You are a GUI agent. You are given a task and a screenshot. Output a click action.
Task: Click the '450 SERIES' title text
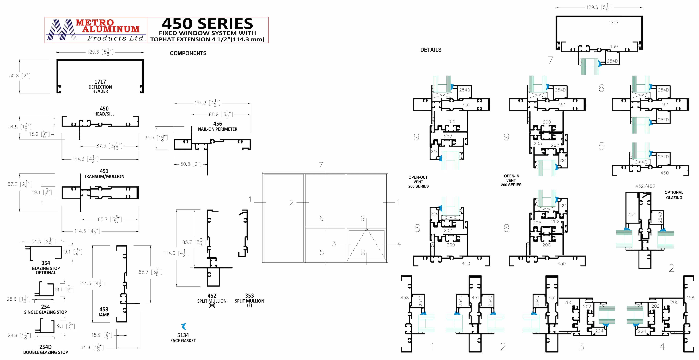(x=208, y=24)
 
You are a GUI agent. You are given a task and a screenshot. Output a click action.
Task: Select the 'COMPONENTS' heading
(x=188, y=53)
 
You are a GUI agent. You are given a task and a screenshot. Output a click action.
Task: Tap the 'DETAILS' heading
(x=431, y=50)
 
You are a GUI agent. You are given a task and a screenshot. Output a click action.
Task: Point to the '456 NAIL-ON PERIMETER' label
(x=218, y=126)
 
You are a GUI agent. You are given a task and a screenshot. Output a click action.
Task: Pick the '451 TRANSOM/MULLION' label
(x=104, y=174)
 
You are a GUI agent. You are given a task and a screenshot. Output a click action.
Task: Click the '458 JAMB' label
(x=104, y=312)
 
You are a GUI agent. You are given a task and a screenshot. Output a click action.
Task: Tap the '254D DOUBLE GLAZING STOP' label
(x=46, y=349)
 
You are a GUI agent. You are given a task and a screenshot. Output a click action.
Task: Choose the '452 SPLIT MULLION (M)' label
(x=212, y=300)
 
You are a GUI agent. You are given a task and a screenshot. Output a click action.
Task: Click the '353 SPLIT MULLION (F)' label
(x=249, y=300)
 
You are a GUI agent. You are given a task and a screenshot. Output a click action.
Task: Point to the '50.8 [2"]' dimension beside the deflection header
(x=20, y=76)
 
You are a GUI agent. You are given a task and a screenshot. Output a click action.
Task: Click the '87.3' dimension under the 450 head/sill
(x=109, y=146)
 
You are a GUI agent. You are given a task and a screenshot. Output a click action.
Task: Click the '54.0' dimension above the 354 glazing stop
(x=43, y=241)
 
